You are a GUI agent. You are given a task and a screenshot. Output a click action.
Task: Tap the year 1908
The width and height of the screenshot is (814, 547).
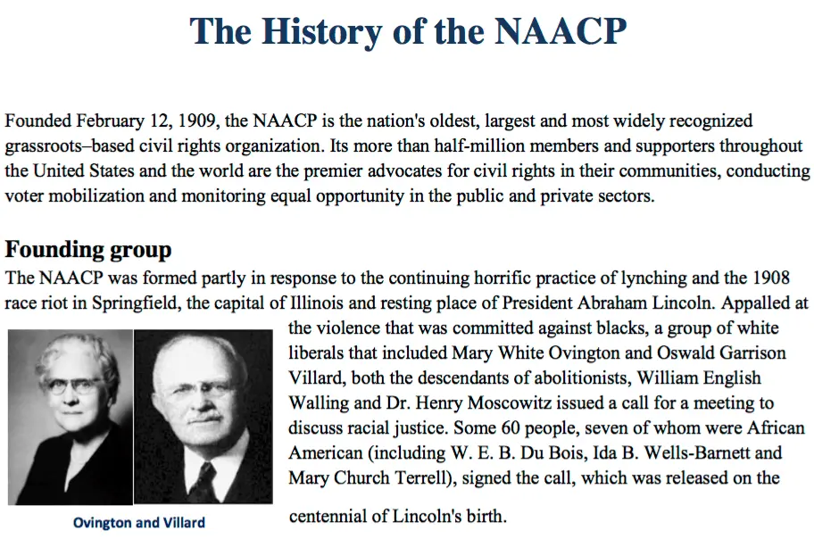(x=790, y=278)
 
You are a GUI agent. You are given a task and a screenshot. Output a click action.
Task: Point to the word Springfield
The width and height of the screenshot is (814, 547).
(x=138, y=303)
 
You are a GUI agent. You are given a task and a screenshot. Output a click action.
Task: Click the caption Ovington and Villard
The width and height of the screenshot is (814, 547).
(x=138, y=522)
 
